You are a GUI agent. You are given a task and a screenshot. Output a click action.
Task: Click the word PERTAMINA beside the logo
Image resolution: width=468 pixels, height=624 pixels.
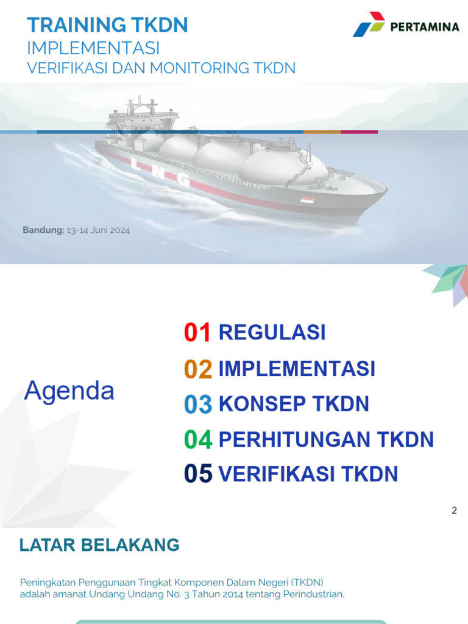tap(424, 27)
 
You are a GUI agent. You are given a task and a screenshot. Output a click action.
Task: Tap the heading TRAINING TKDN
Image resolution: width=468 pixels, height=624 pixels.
tap(108, 25)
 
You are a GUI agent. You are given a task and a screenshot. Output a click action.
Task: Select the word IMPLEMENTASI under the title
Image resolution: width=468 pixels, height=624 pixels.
tap(94, 48)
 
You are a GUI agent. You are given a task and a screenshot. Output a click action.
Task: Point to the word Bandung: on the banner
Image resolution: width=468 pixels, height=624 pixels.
tap(43, 230)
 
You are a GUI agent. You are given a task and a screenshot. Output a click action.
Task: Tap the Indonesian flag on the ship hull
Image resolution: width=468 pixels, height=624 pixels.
tap(307, 200)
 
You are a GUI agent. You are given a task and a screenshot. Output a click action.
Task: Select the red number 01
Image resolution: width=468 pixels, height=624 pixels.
tap(197, 333)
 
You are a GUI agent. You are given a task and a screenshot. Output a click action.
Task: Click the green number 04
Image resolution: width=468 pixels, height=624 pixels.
tap(197, 440)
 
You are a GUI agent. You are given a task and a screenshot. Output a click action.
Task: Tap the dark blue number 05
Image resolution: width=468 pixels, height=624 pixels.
tap(198, 474)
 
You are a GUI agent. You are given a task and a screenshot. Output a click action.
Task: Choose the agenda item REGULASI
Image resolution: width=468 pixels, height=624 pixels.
tap(272, 333)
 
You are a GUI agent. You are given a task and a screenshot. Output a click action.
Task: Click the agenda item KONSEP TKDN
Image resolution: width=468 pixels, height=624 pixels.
tap(294, 404)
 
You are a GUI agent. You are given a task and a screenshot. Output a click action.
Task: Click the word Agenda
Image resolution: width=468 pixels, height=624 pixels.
tap(69, 391)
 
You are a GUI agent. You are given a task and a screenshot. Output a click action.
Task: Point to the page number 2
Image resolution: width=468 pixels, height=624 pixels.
tap(454, 511)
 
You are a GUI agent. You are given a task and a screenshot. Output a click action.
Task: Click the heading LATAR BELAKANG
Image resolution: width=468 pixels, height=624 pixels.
tap(99, 545)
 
